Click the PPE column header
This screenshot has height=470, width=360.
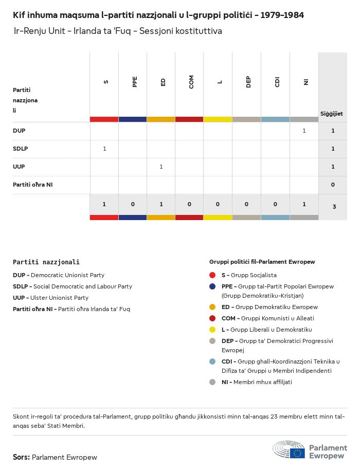tap(135, 82)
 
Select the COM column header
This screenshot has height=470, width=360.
tap(191, 82)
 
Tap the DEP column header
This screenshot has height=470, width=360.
tap(248, 82)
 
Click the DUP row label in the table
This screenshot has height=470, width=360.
tap(19, 131)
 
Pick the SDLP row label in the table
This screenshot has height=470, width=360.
tap(21, 149)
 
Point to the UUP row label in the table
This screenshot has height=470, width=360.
tap(19, 167)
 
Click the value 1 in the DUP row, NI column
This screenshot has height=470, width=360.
tap(304, 131)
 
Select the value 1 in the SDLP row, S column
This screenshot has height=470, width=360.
tap(104, 149)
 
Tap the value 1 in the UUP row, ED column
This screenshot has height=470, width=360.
tap(161, 167)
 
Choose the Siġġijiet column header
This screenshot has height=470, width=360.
tap(332, 114)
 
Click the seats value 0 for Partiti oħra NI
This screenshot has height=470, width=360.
tap(333, 185)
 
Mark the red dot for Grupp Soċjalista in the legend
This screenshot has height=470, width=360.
tap(212, 275)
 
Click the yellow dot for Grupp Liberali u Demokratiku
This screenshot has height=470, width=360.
tap(212, 330)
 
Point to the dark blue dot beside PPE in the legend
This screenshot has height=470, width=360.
tap(212, 286)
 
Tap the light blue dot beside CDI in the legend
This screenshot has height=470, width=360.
tap(212, 361)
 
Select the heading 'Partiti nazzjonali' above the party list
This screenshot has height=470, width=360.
tap(46, 262)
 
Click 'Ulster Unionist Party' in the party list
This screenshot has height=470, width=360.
tap(62, 298)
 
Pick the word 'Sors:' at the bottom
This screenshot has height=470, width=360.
tap(21, 457)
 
